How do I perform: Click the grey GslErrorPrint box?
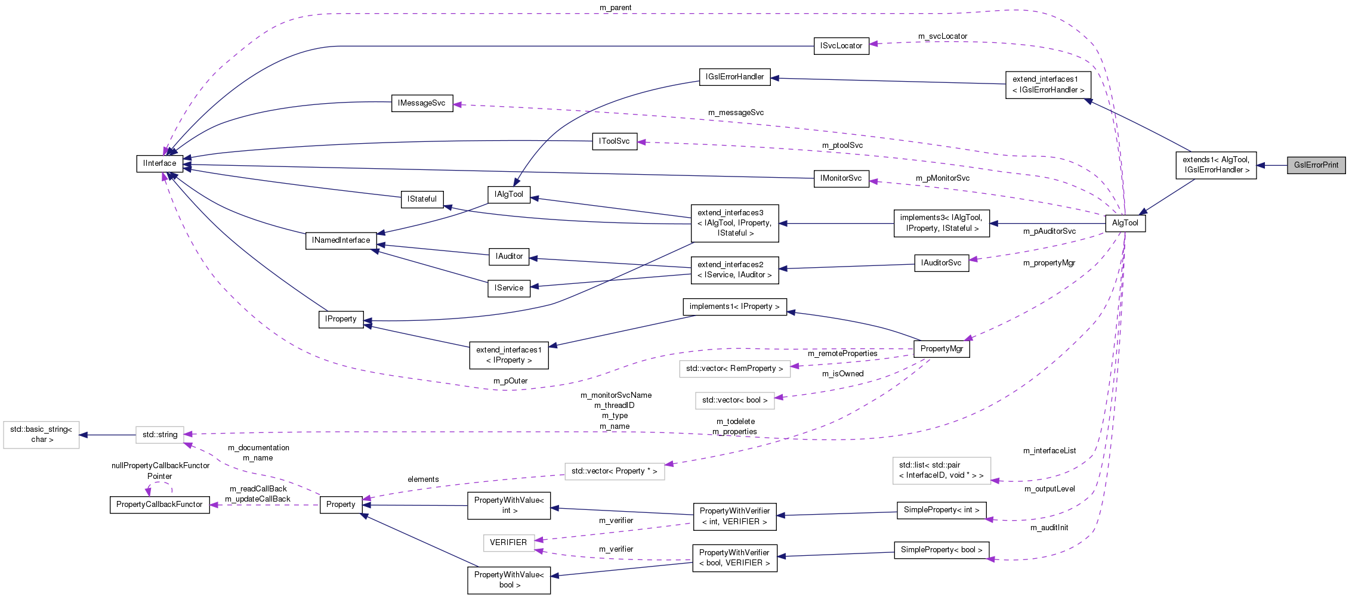1316,165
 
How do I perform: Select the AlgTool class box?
1125,223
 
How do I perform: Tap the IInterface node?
159,163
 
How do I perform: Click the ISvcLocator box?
841,46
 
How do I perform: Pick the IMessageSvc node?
421,103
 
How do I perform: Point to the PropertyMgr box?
941,349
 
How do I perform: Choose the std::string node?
159,435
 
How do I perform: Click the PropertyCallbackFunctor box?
159,505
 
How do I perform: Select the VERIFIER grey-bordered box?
508,543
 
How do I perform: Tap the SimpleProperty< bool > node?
941,550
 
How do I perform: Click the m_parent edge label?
615,8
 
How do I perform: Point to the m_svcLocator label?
942,36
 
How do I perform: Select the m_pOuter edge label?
510,381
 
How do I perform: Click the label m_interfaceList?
1049,451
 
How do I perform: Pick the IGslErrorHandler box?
734,77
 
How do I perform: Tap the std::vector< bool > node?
734,400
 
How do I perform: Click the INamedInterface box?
341,240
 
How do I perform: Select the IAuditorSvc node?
941,263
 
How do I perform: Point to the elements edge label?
423,480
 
